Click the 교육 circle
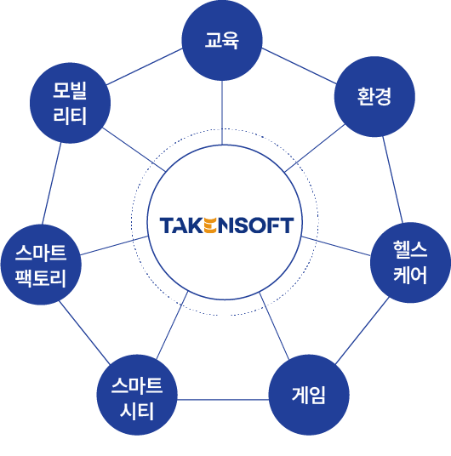[x=222, y=41]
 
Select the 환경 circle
[x=374, y=96]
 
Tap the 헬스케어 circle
[x=410, y=262]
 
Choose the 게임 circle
[x=309, y=395]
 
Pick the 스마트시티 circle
[x=137, y=395]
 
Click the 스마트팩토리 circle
[x=41, y=265]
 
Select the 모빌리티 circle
[x=70, y=103]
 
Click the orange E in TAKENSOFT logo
[x=210, y=225]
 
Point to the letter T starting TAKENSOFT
[x=166, y=225]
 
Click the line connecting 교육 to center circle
[x=222, y=112]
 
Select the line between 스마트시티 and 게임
[x=223, y=400]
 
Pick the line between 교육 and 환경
[x=299, y=66]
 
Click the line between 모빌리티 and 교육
[x=145, y=66]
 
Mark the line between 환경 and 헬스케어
[x=392, y=180]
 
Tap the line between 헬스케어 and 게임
[x=362, y=331]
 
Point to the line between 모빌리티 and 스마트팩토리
[x=52, y=184]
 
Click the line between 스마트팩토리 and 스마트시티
[x=85, y=333]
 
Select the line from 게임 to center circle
[x=274, y=326]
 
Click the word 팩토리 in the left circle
[x=41, y=278]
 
